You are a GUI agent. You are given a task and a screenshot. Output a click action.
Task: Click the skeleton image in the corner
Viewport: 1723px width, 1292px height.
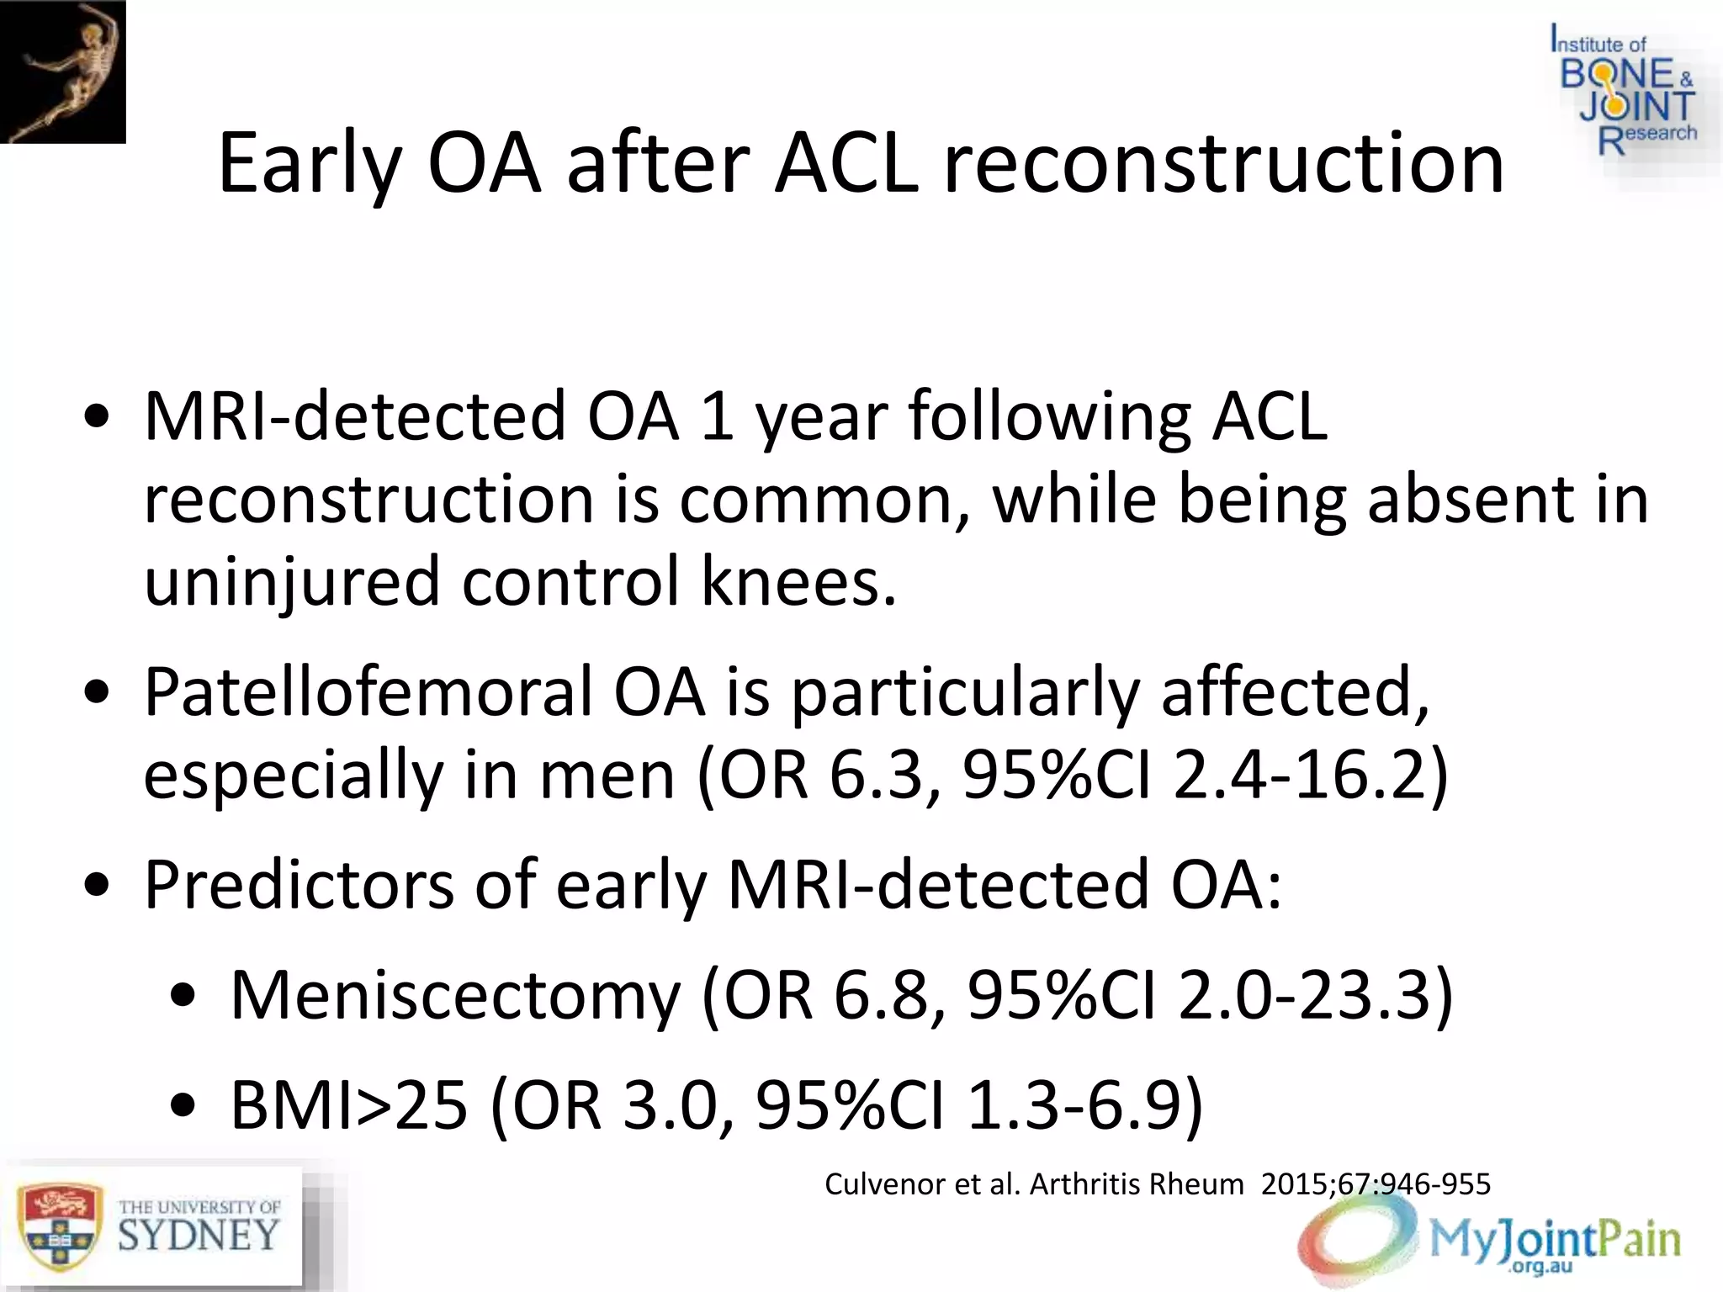pos(63,71)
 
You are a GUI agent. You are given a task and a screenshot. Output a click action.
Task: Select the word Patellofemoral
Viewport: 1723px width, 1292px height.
pos(367,691)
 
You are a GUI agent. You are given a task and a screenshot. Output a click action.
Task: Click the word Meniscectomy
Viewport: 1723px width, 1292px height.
pos(454,995)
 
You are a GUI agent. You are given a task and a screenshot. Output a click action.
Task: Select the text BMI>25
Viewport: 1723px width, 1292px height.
pos(348,1104)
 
